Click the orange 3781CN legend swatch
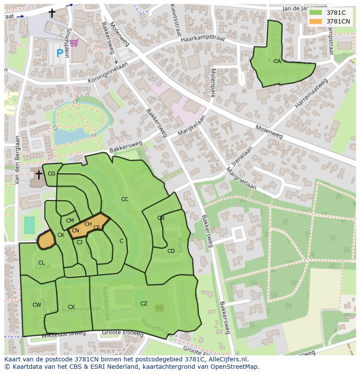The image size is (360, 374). pyautogui.click(x=316, y=21)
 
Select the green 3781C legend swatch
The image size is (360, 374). pyautogui.click(x=316, y=13)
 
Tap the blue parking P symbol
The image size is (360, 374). pyautogui.click(x=60, y=54)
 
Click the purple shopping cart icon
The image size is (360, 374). pyautogui.click(x=74, y=43)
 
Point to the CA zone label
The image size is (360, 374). pyautogui.click(x=277, y=61)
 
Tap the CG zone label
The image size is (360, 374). pyautogui.click(x=52, y=174)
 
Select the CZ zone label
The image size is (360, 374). pyautogui.click(x=144, y=304)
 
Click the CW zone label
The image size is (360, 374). pyautogui.click(x=37, y=305)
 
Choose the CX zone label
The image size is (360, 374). pyautogui.click(x=71, y=307)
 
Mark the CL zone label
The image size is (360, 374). pyautogui.click(x=41, y=263)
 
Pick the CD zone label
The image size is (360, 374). pyautogui.click(x=171, y=251)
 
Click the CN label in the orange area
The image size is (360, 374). pyautogui.click(x=75, y=231)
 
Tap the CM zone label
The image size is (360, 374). pyautogui.click(x=70, y=221)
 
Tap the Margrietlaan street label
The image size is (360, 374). pyautogui.click(x=240, y=179)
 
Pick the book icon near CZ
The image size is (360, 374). pyautogui.click(x=160, y=308)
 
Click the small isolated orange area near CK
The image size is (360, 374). pyautogui.click(x=46, y=240)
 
